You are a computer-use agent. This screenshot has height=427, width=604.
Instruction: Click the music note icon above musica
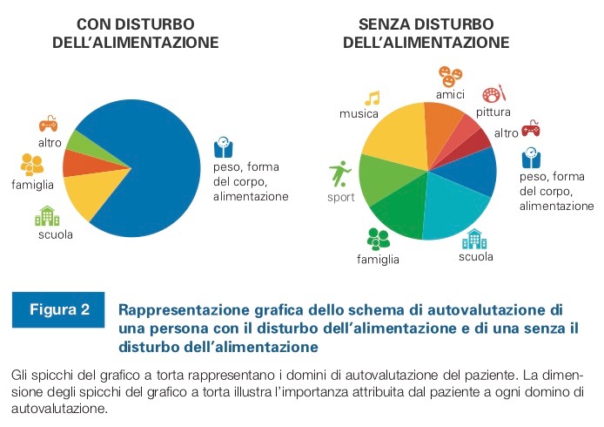[x=372, y=98]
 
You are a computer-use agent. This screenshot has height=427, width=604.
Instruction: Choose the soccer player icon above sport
[x=339, y=173]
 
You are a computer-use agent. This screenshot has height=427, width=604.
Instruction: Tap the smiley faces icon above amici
[x=450, y=76]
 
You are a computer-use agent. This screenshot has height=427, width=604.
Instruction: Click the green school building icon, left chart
[x=47, y=215]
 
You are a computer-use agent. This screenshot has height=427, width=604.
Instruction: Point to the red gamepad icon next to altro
[x=531, y=129]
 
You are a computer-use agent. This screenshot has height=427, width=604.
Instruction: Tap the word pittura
[x=493, y=112]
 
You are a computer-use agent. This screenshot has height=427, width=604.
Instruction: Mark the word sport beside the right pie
[x=341, y=196]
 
